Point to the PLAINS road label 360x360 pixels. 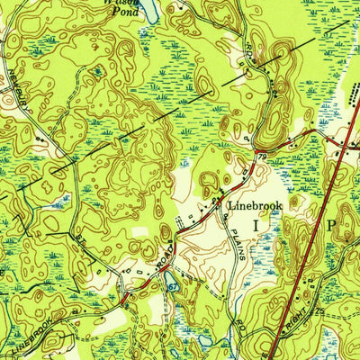point(235,243)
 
